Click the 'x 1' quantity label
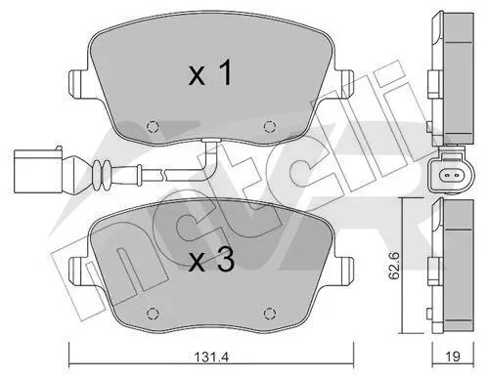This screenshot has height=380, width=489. (210, 73)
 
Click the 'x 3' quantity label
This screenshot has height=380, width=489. (211, 260)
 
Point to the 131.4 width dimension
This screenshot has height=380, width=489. (212, 357)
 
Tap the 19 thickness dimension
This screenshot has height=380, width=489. (453, 357)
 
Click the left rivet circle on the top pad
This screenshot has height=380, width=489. (153, 126)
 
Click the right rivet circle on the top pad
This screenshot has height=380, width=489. (269, 126)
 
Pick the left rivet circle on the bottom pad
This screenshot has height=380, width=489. (153, 314)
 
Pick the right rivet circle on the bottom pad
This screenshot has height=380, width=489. (269, 314)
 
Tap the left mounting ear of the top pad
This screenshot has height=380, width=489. (77, 83)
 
